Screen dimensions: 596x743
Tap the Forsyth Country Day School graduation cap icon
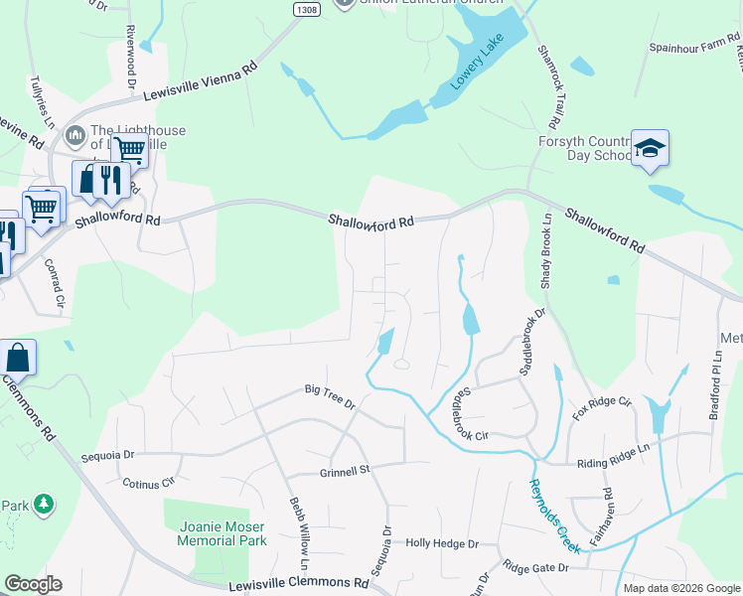pos(650,149)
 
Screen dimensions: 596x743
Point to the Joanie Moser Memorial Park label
pos(223,533)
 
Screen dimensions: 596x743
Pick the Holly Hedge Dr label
pos(442,544)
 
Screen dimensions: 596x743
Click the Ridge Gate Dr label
pos(535,568)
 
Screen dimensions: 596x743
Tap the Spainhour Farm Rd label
pos(694,46)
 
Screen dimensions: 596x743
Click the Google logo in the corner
pos(32,584)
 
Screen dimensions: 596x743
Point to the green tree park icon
pos(43,505)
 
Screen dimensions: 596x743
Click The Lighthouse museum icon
pos(74,135)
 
